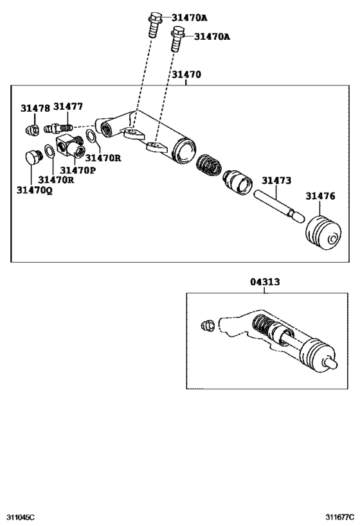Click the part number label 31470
tap(186, 75)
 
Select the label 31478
tap(34, 109)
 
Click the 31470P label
tap(78, 170)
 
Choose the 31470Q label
tap(35, 190)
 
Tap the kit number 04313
tap(265, 281)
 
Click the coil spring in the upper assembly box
tap(208, 167)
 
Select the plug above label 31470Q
tap(30, 159)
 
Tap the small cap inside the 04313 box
tap(209, 325)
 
